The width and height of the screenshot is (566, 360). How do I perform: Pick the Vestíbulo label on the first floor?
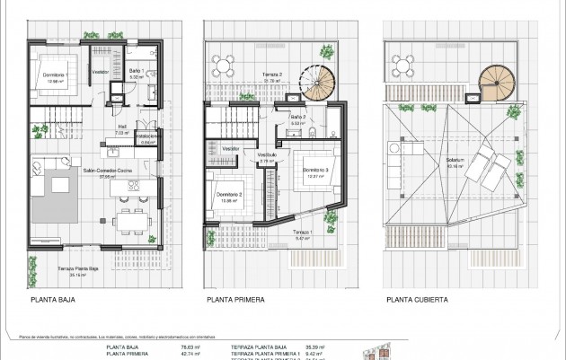pos(268,154)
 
